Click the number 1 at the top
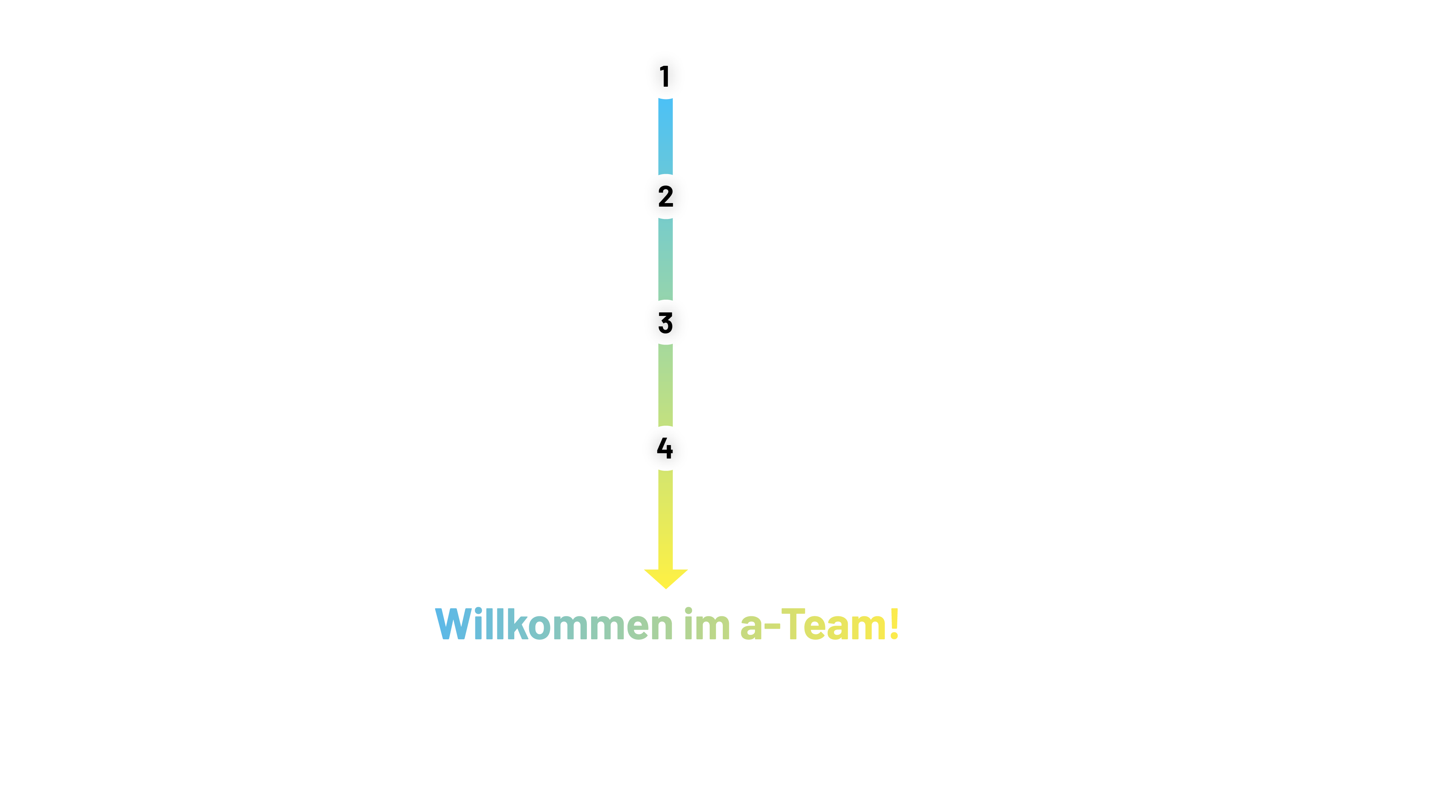(664, 76)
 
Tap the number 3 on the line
(665, 323)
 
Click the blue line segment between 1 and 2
(665, 137)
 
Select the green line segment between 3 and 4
(665, 386)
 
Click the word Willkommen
(554, 624)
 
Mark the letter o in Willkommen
(539, 628)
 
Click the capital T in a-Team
(794, 624)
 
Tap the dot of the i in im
(688, 610)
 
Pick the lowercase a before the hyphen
(752, 628)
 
